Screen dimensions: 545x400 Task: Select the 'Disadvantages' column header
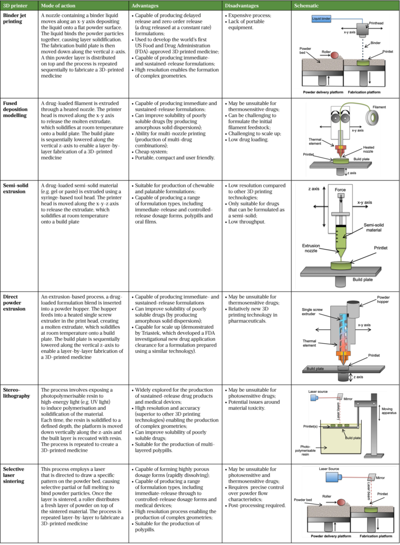241,5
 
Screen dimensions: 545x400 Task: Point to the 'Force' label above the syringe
340,190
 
